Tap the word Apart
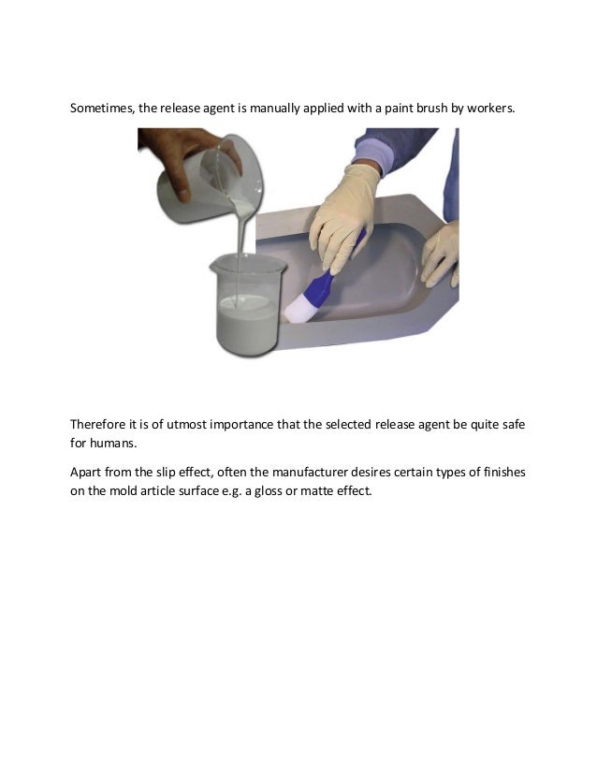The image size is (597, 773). (x=85, y=473)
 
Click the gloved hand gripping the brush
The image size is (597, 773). (x=343, y=217)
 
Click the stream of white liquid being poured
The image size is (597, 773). (x=241, y=256)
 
